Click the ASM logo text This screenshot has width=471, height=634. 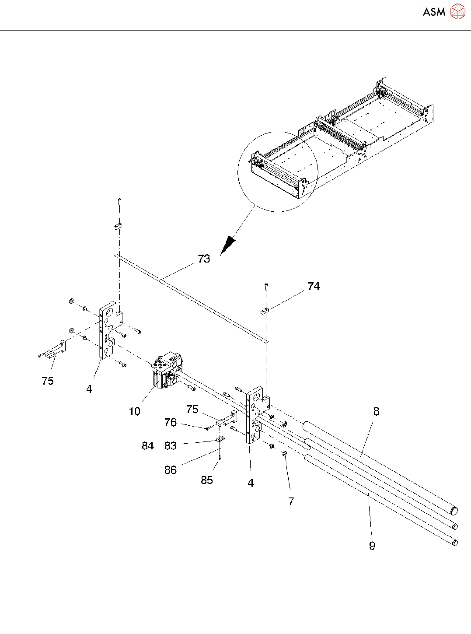pyautogui.click(x=434, y=12)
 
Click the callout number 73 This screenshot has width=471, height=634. pyautogui.click(x=204, y=259)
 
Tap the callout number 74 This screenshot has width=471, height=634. pyautogui.click(x=314, y=287)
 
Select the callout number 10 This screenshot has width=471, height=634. pyautogui.click(x=135, y=411)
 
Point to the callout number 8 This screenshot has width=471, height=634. pyautogui.click(x=376, y=411)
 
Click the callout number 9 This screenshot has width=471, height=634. pyautogui.click(x=372, y=546)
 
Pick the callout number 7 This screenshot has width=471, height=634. pyautogui.click(x=291, y=501)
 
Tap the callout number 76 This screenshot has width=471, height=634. pyautogui.click(x=171, y=423)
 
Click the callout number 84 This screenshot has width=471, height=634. pyautogui.click(x=148, y=446)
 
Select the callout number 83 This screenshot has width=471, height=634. pyautogui.click(x=171, y=446)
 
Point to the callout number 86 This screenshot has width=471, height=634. pyautogui.click(x=171, y=470)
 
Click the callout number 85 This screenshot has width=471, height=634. pyautogui.click(x=207, y=480)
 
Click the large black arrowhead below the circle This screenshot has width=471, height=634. pyautogui.click(x=227, y=247)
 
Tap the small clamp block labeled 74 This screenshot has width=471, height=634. pyautogui.click(x=264, y=312)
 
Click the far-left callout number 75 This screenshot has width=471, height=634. pyautogui.click(x=48, y=381)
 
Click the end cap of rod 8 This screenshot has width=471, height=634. pyautogui.click(x=454, y=510)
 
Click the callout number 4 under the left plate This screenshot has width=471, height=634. pyautogui.click(x=89, y=389)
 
